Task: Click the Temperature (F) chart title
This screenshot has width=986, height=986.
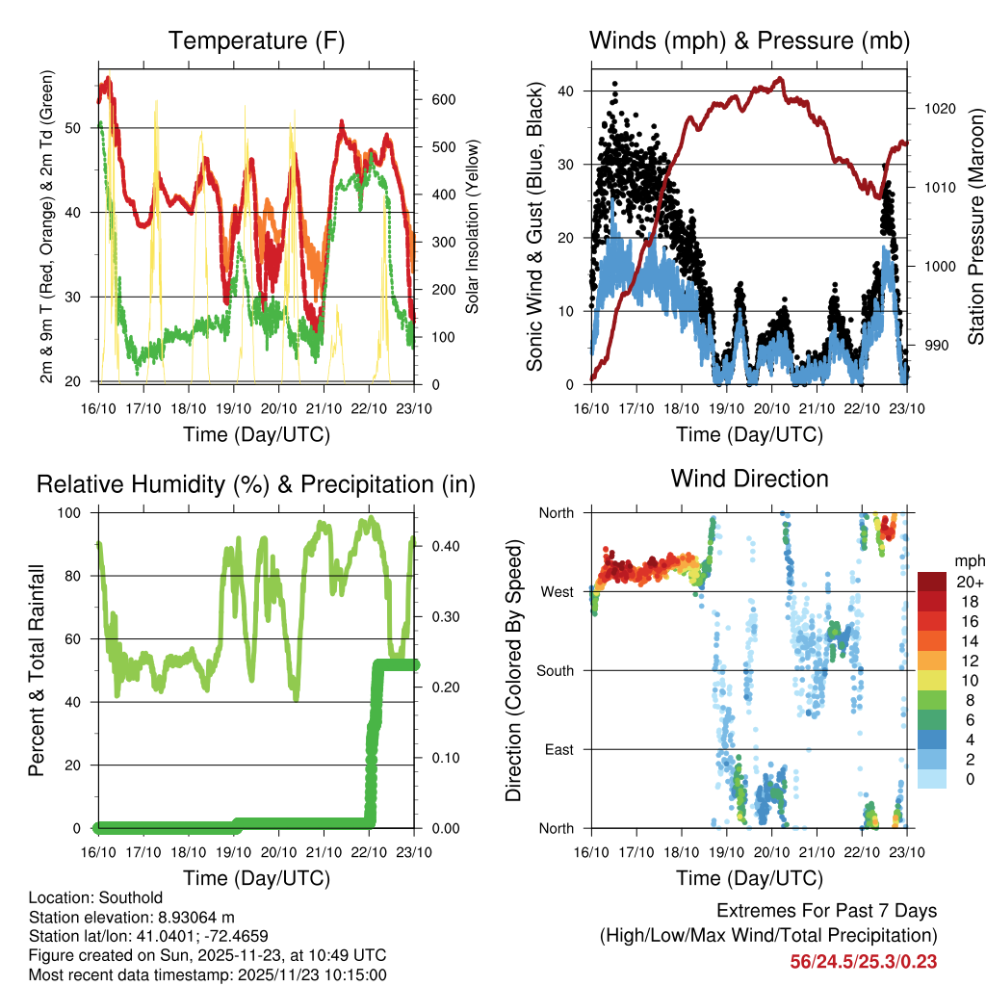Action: click(x=256, y=40)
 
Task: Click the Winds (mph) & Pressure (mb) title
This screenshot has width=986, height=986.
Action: click(x=749, y=40)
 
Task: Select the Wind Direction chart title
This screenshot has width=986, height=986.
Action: click(x=749, y=478)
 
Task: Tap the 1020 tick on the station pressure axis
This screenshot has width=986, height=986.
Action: click(x=939, y=109)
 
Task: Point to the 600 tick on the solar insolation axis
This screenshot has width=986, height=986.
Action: click(x=442, y=100)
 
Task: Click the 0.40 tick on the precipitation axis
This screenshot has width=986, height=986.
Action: click(x=438, y=546)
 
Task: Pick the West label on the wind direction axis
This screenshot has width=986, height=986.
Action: click(x=557, y=591)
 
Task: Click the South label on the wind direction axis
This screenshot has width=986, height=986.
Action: click(x=554, y=670)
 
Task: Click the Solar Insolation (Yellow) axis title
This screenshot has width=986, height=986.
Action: click(x=473, y=226)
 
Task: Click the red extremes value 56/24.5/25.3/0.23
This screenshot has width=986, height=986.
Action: click(x=863, y=961)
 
